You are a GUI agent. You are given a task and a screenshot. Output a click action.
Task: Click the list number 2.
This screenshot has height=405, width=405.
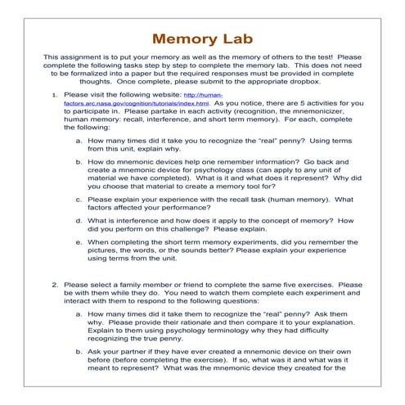54,286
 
